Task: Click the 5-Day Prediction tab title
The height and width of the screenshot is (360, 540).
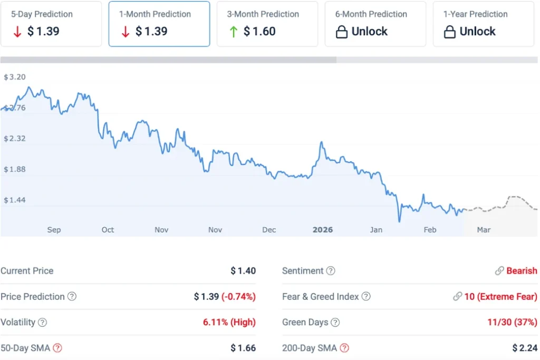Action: coord(42,14)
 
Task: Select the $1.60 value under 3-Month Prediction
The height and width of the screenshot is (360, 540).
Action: coord(259,32)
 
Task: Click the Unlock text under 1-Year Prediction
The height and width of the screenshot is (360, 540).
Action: coord(477,32)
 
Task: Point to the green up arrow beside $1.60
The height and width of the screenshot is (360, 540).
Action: coord(233,32)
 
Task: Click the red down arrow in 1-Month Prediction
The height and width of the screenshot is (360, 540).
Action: coord(125,32)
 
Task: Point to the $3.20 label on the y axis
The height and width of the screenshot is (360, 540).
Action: coord(15,77)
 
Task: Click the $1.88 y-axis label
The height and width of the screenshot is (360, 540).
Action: coord(15,169)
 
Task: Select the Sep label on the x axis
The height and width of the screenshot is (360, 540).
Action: coord(54,230)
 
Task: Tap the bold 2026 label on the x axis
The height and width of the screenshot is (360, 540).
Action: coord(323,230)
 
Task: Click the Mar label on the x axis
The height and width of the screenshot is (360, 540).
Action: coord(484,230)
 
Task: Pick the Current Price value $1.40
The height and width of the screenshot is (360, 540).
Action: coord(243,271)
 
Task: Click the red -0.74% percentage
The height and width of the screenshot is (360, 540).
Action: coord(238,297)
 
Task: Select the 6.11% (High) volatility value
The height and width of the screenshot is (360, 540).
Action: coord(229,322)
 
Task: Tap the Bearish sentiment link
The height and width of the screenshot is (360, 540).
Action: coord(522,271)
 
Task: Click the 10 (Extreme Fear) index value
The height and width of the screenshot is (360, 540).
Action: coord(500,297)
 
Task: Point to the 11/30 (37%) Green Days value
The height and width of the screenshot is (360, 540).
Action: coord(512,322)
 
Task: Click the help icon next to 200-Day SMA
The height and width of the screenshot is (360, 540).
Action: coord(344,348)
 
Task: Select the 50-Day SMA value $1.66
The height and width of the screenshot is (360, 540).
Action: coord(243,348)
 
